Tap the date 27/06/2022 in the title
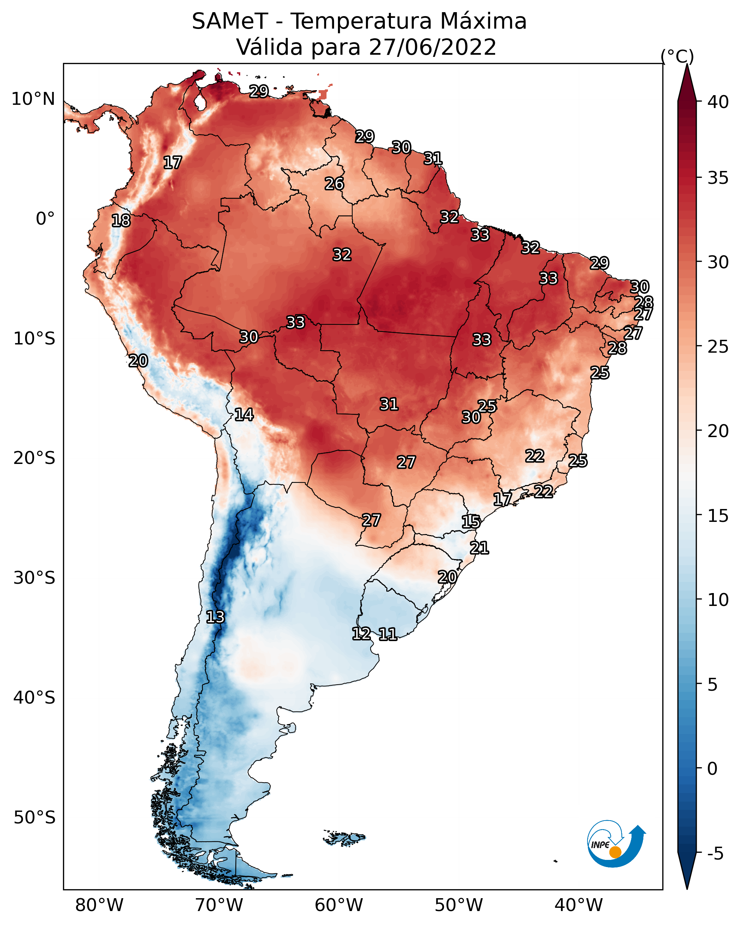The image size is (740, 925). point(432,47)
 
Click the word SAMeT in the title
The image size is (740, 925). point(230,21)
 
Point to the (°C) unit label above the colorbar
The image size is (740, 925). point(677,56)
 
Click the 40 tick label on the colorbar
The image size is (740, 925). point(718,102)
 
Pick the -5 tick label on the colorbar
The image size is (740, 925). point(715,854)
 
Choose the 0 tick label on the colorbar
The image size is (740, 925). point(712,769)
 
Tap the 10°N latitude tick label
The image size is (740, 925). point(33,99)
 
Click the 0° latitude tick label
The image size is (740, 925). point(45,219)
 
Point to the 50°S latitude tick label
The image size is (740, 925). point(34,818)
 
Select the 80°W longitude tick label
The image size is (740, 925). point(99,905)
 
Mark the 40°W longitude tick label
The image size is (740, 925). point(579,905)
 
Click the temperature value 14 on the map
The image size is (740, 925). point(244,415)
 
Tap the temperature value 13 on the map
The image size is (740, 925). point(215,617)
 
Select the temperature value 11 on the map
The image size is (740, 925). point(387,634)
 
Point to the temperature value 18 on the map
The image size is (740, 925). point(121,221)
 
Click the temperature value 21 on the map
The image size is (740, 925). point(479,548)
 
